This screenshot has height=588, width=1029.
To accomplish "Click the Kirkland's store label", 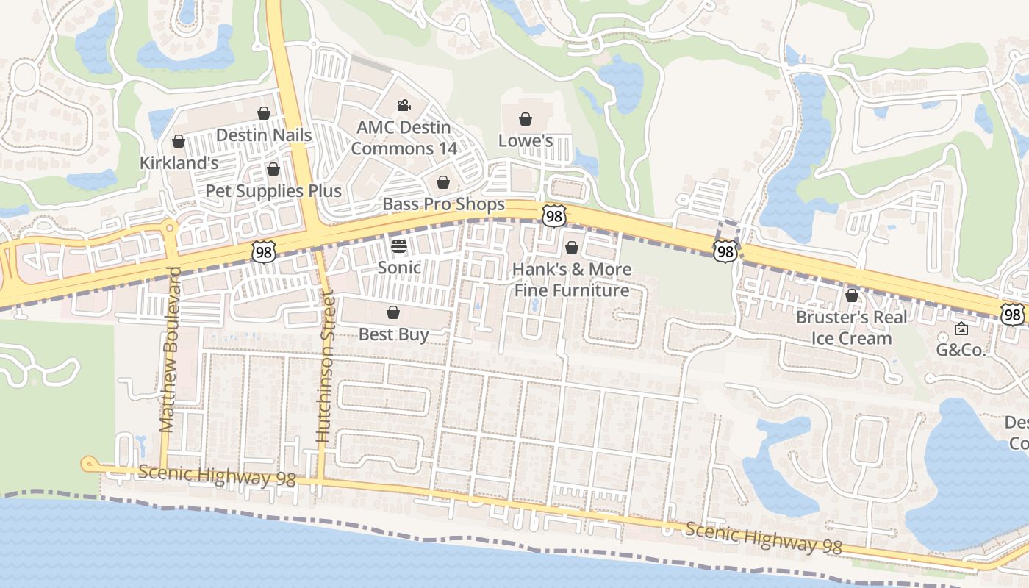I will pyautogui.click(x=179, y=163).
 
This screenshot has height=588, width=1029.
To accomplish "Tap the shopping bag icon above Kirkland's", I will pyautogui.click(x=178, y=141).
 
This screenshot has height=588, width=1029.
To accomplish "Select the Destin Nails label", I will pyautogui.click(x=264, y=135).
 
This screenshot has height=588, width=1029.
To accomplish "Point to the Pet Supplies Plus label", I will pyautogui.click(x=273, y=191).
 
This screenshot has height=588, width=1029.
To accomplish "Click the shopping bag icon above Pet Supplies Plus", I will pyautogui.click(x=273, y=170).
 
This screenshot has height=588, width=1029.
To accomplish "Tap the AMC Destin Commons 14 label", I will pyautogui.click(x=404, y=137).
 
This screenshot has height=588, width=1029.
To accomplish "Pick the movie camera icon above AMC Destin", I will pyautogui.click(x=404, y=106).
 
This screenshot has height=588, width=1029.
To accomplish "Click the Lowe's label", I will pyautogui.click(x=526, y=140).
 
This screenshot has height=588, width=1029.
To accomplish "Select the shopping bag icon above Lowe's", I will pyautogui.click(x=526, y=119).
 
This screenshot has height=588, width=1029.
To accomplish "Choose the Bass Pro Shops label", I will pyautogui.click(x=444, y=204).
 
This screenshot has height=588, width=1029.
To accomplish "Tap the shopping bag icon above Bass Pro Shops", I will pyautogui.click(x=442, y=182).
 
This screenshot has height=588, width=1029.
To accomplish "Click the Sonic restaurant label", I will pyautogui.click(x=399, y=268).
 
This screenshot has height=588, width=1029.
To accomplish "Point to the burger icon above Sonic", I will pyautogui.click(x=399, y=245).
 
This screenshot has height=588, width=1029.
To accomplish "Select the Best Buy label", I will pyautogui.click(x=393, y=334).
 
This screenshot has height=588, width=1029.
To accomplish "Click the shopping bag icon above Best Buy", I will pyautogui.click(x=393, y=313).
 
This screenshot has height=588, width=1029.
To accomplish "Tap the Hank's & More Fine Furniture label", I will pyautogui.click(x=572, y=279).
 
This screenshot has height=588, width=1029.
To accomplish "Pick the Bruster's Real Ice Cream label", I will pyautogui.click(x=852, y=328).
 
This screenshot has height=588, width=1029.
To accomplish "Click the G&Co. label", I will pyautogui.click(x=961, y=350).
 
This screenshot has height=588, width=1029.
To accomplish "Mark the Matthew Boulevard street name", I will pyautogui.click(x=170, y=349).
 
